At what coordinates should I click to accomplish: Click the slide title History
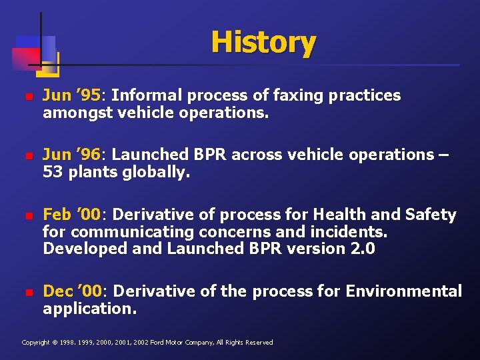(x=263, y=43)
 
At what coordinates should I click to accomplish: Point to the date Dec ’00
(x=73, y=291)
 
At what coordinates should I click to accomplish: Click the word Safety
(x=431, y=215)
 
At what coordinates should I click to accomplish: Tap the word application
(x=89, y=309)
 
